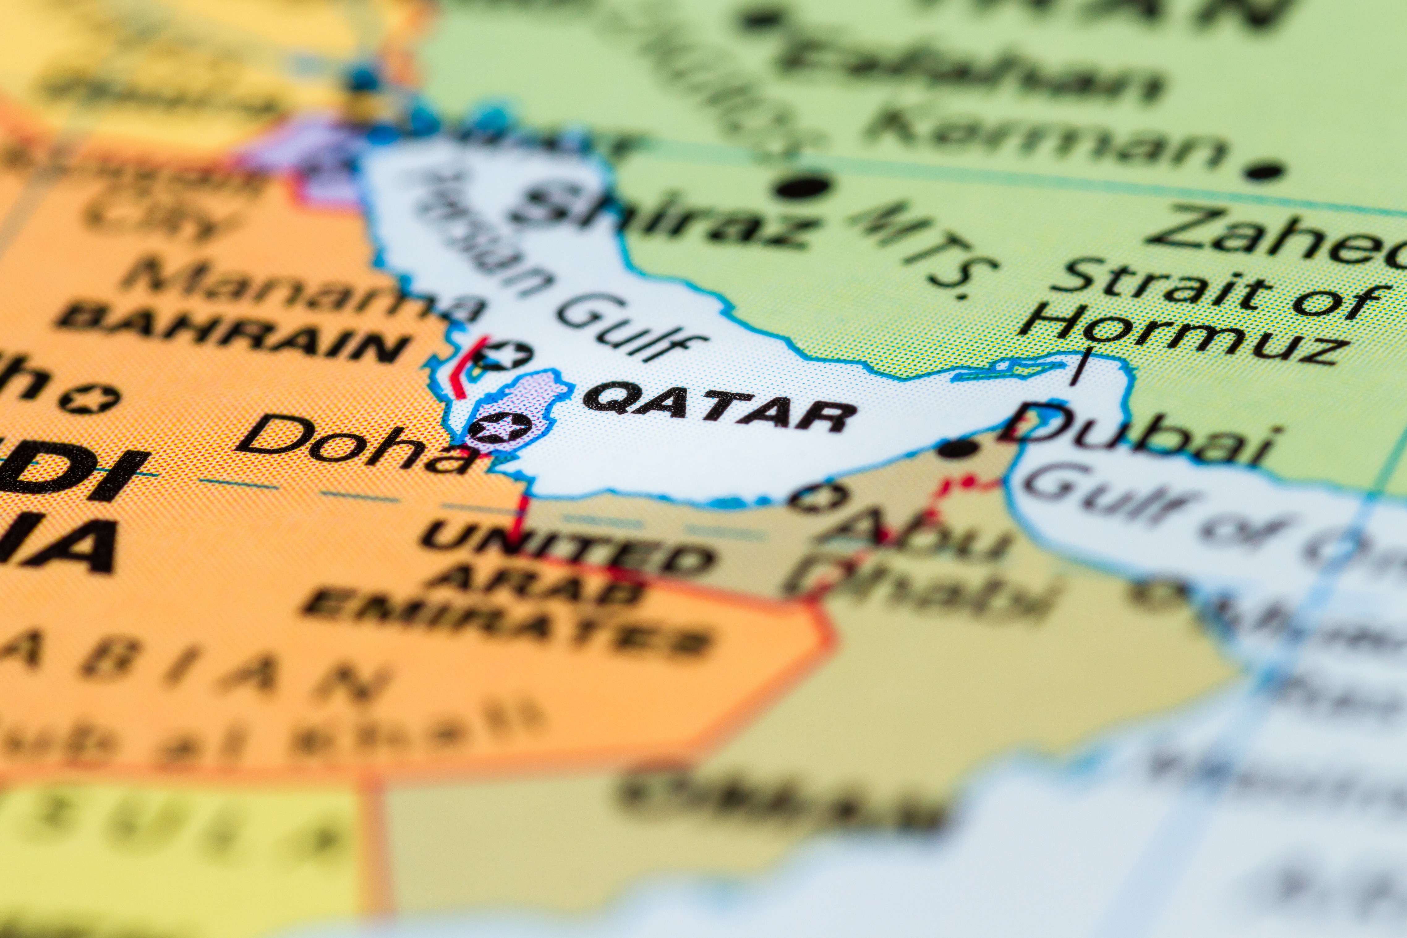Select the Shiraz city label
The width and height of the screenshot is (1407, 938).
(664, 215)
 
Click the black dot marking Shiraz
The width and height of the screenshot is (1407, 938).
(802, 187)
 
